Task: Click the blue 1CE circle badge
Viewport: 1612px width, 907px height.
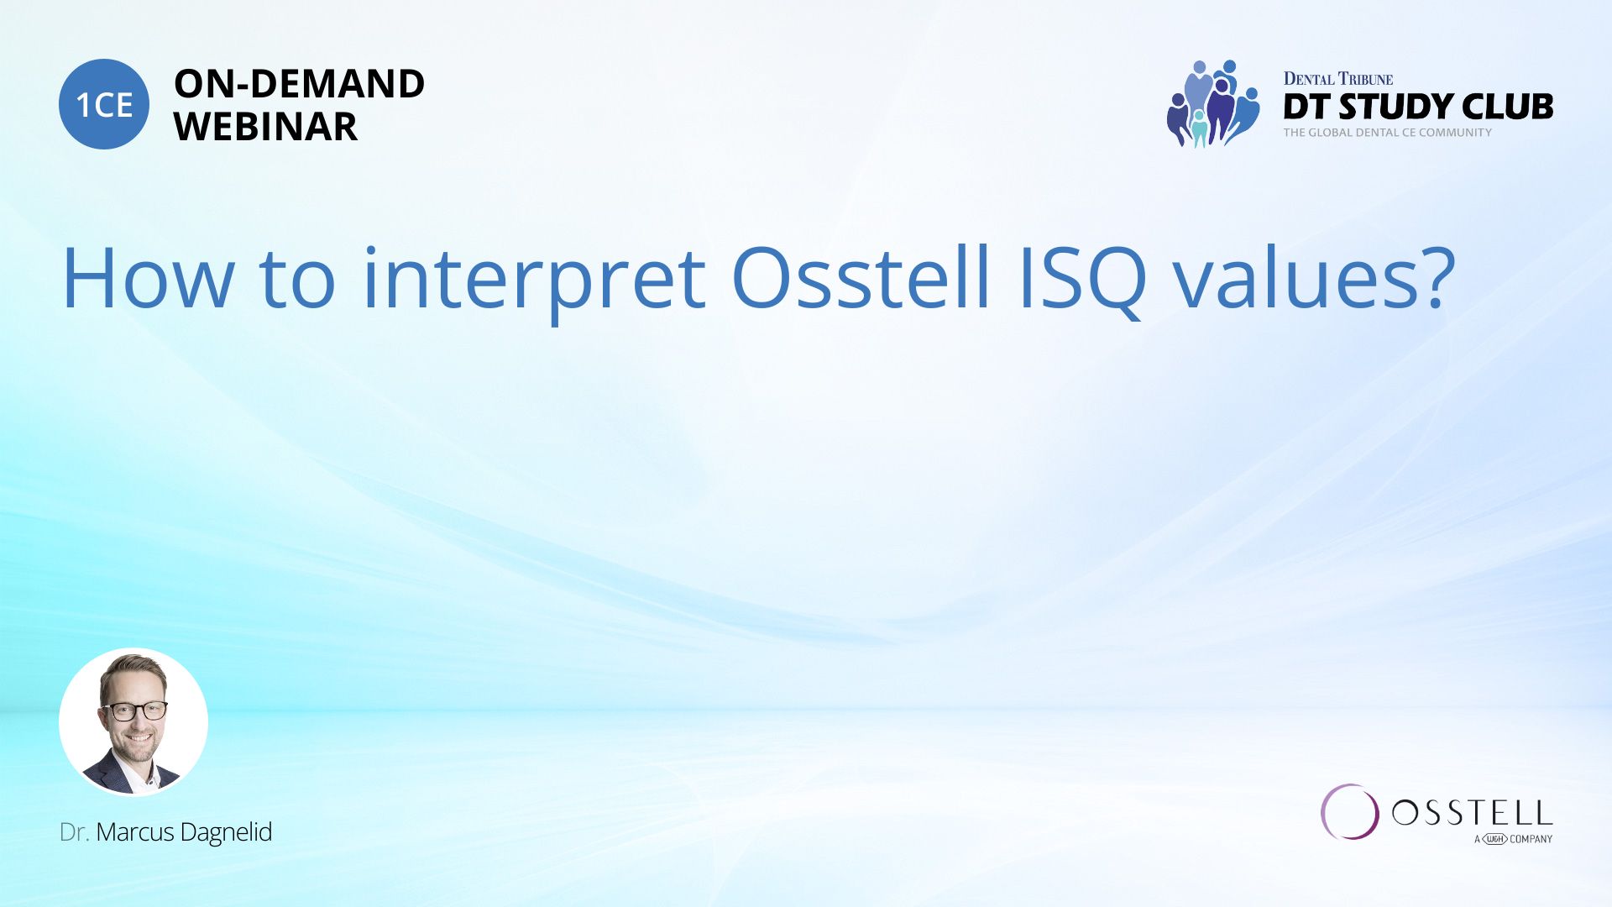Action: (104, 104)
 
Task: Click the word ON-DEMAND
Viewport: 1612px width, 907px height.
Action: (300, 84)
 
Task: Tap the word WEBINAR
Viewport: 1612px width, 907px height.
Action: (266, 127)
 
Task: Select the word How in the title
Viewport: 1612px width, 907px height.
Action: (149, 279)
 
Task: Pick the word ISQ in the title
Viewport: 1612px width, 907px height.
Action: (1083, 280)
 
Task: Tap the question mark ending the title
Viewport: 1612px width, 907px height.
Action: (1434, 277)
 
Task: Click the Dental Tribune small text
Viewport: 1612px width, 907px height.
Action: (1338, 79)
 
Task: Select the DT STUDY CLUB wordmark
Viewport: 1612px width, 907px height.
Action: (1418, 107)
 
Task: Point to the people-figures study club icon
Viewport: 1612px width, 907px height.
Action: (1213, 104)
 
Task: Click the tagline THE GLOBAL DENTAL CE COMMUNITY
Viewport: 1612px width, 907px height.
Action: (1388, 133)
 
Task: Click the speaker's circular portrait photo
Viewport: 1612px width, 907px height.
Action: (133, 721)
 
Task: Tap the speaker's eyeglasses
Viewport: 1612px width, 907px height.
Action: (134, 710)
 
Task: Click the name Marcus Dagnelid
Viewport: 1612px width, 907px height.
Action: (184, 832)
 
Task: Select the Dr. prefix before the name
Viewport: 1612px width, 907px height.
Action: (74, 832)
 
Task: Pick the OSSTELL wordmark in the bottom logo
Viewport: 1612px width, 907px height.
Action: (1472, 813)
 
